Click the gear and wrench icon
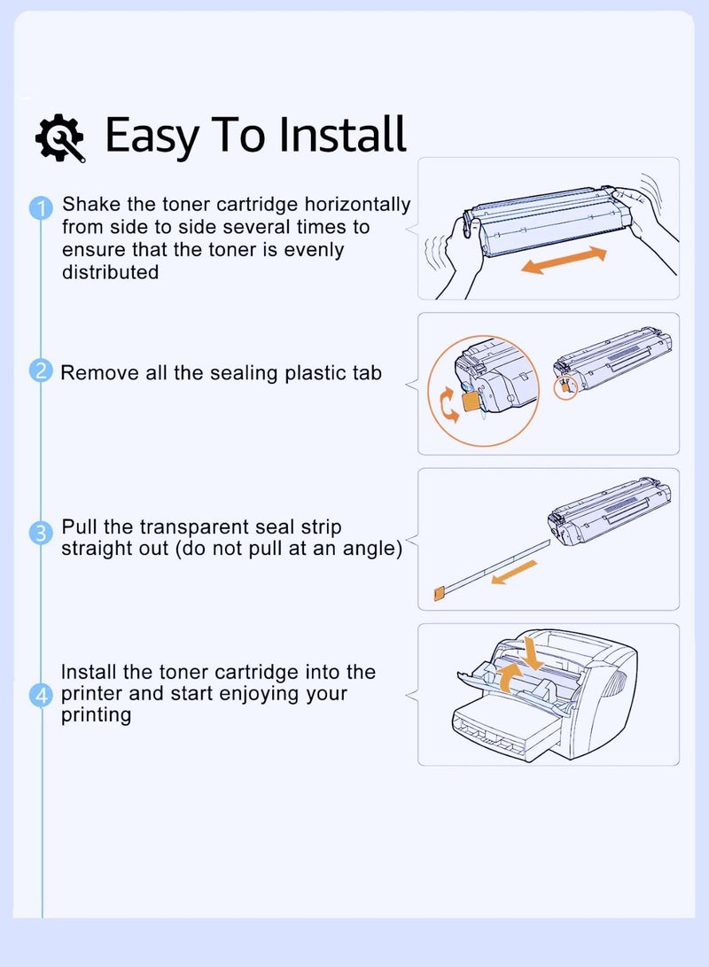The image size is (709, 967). tap(59, 137)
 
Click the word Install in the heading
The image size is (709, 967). tap(342, 134)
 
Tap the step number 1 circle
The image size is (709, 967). tap(42, 207)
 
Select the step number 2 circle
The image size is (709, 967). tap(42, 370)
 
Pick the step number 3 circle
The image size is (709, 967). tap(42, 532)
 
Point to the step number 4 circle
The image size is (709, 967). tap(42, 696)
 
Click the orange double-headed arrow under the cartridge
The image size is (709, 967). tap(565, 261)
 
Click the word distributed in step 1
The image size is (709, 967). tap(111, 272)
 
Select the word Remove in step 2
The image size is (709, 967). tap(100, 372)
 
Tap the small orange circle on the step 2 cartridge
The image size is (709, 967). tap(565, 388)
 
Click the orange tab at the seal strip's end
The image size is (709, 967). tap(439, 594)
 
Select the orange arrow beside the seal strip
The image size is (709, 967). tap(513, 573)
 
